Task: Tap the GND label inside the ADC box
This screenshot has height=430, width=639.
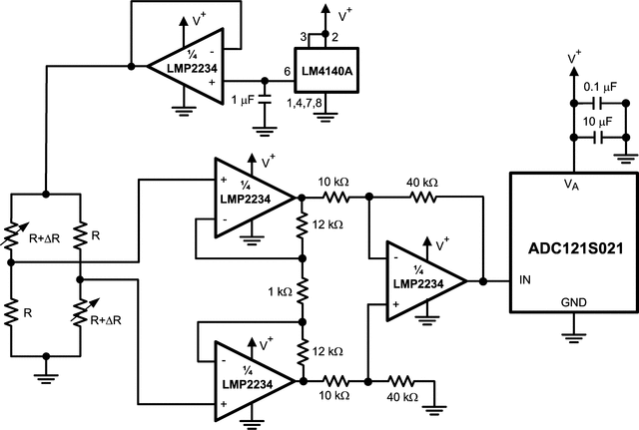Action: click(x=574, y=301)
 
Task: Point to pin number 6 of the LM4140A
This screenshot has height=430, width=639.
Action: click(x=287, y=72)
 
